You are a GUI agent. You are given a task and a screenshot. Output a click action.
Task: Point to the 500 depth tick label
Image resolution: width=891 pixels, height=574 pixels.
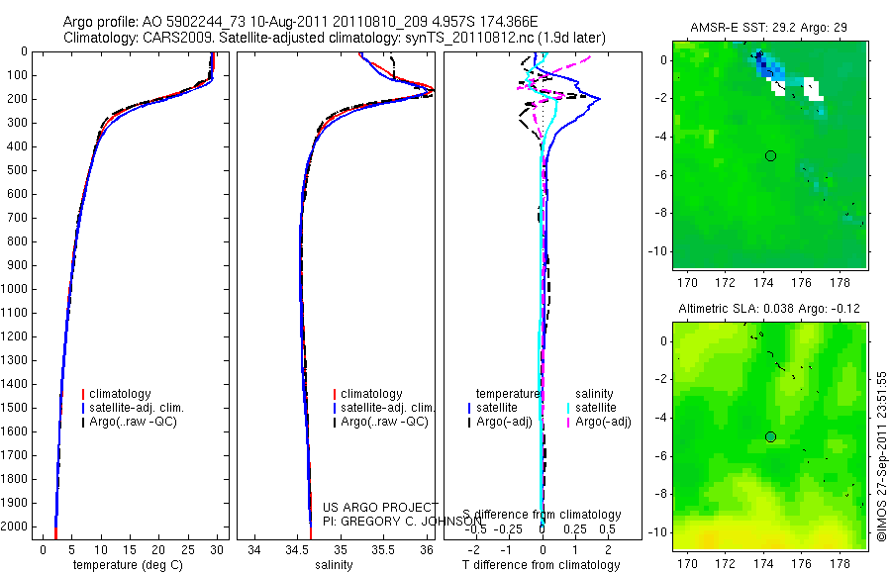pyautogui.click(x=17, y=170)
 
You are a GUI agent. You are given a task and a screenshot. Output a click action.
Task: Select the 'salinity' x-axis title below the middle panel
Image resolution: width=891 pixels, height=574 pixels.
pyautogui.click(x=333, y=565)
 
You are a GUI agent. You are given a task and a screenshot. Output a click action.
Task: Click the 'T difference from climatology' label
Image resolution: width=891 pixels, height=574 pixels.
pyautogui.click(x=541, y=565)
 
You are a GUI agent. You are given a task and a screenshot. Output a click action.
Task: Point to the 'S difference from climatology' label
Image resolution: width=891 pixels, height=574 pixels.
pyautogui.click(x=542, y=516)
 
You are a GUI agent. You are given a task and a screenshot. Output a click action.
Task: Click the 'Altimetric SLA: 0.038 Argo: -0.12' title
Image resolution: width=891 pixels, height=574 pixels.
pyautogui.click(x=768, y=309)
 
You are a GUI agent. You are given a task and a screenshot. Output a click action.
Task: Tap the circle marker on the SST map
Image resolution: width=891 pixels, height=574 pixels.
pyautogui.click(x=770, y=155)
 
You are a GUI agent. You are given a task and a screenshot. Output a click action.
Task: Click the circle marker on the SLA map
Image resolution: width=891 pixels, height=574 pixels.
pyautogui.click(x=770, y=436)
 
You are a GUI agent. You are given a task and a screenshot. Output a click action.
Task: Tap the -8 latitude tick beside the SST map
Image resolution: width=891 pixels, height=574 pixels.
pyautogui.click(x=661, y=213)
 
